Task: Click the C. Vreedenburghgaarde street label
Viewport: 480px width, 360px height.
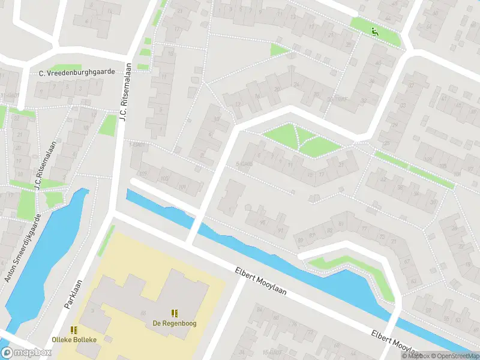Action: pyautogui.click(x=77, y=73)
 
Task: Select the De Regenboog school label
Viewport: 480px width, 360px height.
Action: pyautogui.click(x=175, y=323)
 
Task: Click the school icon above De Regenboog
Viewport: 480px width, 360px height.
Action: pyautogui.click(x=175, y=313)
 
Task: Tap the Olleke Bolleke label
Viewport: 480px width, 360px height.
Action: pyautogui.click(x=74, y=340)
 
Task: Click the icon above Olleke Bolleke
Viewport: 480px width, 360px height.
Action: pyautogui.click(x=74, y=329)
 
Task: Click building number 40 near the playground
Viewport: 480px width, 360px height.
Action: pyautogui.click(x=378, y=63)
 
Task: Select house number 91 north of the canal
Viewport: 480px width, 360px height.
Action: pyautogui.click(x=280, y=229)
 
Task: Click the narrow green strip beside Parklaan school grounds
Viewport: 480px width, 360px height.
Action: pyautogui.click(x=106, y=241)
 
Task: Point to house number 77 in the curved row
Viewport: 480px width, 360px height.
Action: pyautogui.click(x=365, y=230)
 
